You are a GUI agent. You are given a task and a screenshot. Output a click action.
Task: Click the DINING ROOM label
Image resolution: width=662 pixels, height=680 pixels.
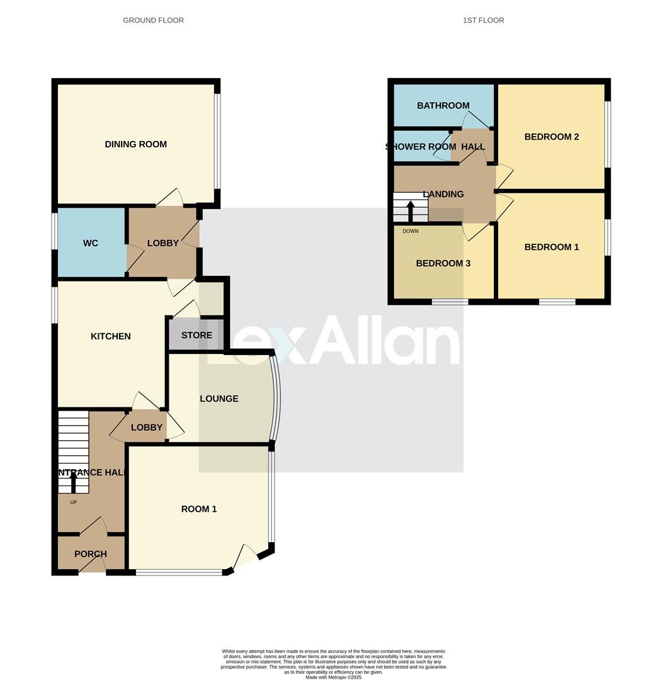click(136, 144)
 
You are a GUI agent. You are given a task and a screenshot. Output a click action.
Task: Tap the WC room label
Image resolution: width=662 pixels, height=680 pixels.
click(91, 243)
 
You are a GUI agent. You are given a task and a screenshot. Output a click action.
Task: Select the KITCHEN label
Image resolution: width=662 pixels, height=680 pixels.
click(111, 336)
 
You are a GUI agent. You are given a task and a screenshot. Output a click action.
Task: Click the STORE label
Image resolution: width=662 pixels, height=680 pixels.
click(197, 335)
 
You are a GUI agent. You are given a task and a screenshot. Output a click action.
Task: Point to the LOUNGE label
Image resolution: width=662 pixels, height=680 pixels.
click(219, 399)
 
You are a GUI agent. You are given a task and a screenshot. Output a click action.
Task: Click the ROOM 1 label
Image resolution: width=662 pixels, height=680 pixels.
click(199, 509)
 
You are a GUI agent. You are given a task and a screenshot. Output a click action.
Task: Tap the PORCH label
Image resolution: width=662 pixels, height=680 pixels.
click(91, 554)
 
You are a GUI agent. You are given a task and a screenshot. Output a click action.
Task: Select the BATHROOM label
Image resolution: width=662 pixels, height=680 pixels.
click(443, 105)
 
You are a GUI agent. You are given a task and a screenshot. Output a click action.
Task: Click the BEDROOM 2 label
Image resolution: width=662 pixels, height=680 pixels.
click(552, 137)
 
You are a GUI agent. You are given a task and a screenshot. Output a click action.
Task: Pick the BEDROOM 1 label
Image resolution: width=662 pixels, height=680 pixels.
click(552, 247)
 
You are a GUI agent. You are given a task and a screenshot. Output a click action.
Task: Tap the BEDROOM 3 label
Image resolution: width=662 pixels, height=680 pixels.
click(443, 263)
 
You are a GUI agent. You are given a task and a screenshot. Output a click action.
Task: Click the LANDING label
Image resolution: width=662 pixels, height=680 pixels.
click(443, 194)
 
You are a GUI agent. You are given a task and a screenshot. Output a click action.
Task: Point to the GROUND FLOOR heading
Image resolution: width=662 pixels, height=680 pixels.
click(154, 20)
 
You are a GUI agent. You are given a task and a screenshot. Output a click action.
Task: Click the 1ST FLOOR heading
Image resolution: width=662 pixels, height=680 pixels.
click(484, 20)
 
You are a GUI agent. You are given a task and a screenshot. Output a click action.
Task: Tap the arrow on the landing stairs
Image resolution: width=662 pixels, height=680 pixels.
click(411, 210)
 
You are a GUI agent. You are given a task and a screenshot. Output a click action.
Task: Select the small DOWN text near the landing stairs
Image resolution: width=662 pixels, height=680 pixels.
click(410, 231)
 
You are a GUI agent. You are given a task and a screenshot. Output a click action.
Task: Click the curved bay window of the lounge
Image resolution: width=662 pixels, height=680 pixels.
click(276, 398)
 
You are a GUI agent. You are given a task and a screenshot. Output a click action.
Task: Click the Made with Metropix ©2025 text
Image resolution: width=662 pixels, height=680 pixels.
click(333, 677)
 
